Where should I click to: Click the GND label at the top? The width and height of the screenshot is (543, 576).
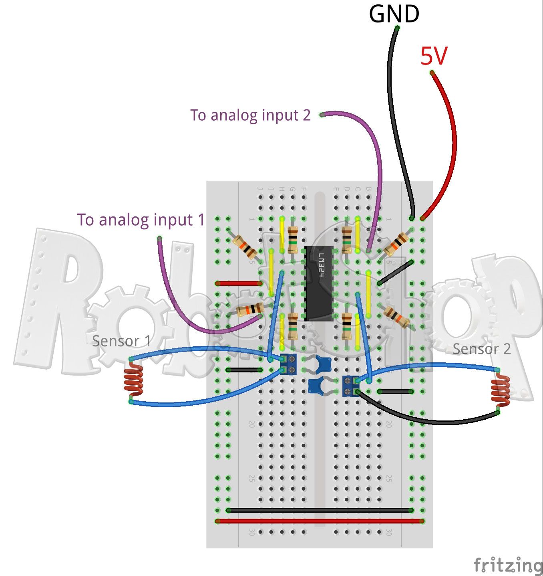point(394,14)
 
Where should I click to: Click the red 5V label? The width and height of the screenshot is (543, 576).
point(433,56)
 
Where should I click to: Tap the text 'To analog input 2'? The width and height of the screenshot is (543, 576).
point(250,115)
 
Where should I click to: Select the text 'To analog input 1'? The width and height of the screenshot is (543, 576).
point(141,220)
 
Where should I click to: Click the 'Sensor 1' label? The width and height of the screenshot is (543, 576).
point(122,341)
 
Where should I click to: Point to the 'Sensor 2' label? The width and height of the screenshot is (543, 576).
point(481,349)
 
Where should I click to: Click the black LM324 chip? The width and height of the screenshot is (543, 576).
point(319,283)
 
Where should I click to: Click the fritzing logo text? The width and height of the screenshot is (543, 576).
point(508,566)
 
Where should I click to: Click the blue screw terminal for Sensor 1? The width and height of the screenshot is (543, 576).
point(288,364)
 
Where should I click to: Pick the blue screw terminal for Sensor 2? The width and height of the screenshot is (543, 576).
point(350,386)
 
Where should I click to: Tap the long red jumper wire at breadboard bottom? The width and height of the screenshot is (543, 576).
point(320,521)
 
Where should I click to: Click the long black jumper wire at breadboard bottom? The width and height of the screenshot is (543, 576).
point(320,510)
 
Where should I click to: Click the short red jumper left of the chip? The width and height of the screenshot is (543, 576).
point(239,283)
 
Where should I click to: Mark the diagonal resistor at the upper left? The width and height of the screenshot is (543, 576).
point(244,246)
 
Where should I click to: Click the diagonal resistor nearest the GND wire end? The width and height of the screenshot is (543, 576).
point(396,245)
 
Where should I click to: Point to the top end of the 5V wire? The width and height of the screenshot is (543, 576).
point(432,73)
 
